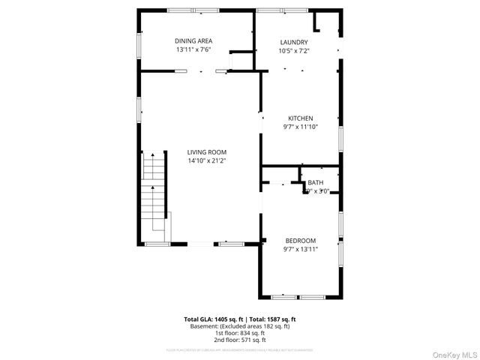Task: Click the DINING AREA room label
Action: [x=193, y=41]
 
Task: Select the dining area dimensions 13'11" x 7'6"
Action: [x=193, y=49]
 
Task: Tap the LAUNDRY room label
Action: [x=294, y=43]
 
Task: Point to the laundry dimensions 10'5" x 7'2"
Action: [x=294, y=51]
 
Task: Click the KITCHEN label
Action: [x=301, y=118]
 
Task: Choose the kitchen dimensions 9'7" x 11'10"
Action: [x=301, y=127]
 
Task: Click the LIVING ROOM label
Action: [x=206, y=152]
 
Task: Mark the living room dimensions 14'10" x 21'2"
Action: [x=206, y=160]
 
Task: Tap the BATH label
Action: [x=315, y=182]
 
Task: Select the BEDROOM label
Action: [x=300, y=241]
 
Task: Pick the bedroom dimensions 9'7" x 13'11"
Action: [x=300, y=249]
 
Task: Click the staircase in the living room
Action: [x=153, y=191]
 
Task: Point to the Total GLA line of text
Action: [x=240, y=319]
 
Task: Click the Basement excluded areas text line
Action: [x=240, y=326]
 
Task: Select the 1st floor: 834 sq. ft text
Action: [x=240, y=333]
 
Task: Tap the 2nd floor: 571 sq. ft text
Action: [x=240, y=340]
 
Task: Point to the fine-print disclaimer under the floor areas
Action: [x=240, y=349]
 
